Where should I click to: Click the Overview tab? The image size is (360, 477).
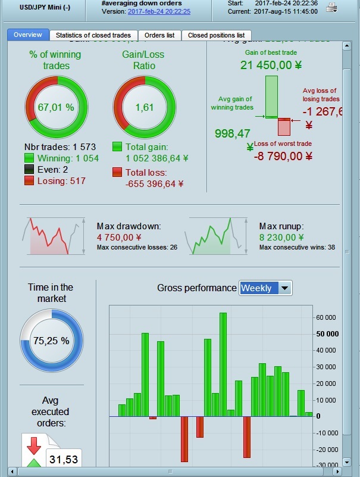coord(27,35)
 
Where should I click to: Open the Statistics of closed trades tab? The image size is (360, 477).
coord(93,35)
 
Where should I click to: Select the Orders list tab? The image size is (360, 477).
coord(159,35)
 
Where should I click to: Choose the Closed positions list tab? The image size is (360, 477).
coord(216,35)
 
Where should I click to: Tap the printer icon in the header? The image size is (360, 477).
coord(332,8)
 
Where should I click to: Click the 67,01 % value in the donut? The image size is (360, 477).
coord(56,107)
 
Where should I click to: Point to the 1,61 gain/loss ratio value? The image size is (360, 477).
coord(144,107)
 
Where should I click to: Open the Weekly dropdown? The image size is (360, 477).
coord(265,288)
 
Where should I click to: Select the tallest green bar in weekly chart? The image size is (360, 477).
coord(223,363)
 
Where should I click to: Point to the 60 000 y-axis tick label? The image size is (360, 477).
coord(326,317)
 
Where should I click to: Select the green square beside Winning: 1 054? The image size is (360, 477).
coord(29,158)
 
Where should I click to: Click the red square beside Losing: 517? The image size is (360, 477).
coord(29,180)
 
